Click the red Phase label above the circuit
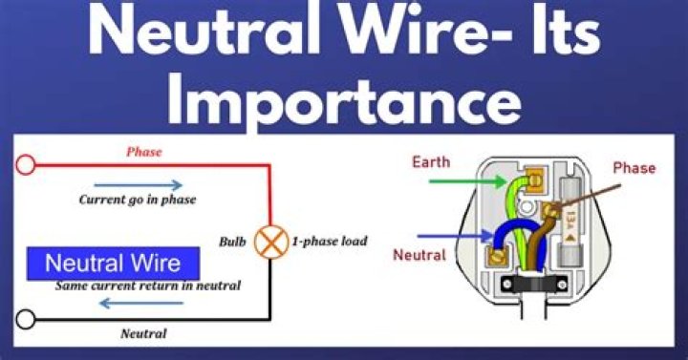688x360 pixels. [x=144, y=152]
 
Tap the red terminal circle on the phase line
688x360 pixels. [x=26, y=166]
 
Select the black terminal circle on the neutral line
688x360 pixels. [x=26, y=318]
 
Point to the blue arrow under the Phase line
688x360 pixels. [x=151, y=184]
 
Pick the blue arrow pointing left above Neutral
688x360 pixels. [x=142, y=304]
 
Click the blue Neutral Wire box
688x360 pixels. [x=115, y=263]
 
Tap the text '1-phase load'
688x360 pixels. [x=330, y=242]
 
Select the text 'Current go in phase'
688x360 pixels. [x=137, y=201]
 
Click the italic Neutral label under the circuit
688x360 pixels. [x=143, y=333]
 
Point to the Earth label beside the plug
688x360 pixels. [x=431, y=162]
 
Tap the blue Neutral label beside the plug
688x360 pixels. [x=421, y=255]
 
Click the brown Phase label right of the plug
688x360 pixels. [x=634, y=168]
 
